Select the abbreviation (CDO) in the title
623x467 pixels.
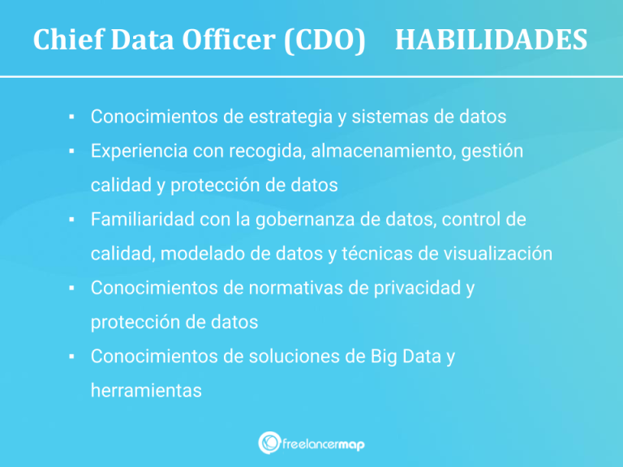[x=324, y=40]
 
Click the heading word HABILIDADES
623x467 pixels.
[x=491, y=40]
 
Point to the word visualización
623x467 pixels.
[x=495, y=254]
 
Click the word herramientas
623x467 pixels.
[x=145, y=390]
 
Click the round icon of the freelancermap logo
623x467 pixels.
[x=269, y=442]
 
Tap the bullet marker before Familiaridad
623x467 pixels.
[x=72, y=220]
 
